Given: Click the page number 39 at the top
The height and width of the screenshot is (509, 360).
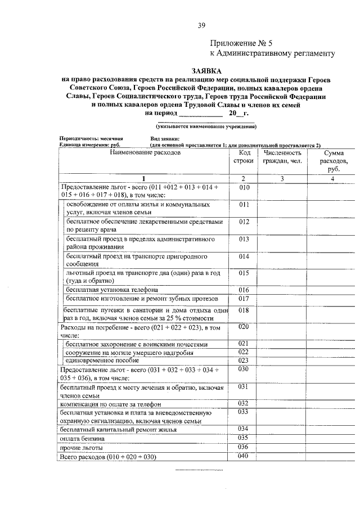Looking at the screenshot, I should click(x=202, y=25).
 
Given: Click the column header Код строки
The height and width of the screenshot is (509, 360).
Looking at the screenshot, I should click(x=244, y=157).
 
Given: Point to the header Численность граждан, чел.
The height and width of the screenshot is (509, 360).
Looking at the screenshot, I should click(x=282, y=157).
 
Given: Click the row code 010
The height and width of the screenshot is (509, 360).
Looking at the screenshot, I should click(x=244, y=187).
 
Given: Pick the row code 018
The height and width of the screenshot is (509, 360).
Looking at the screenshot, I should click(x=244, y=310).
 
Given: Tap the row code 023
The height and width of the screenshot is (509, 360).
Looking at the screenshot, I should click(x=244, y=360).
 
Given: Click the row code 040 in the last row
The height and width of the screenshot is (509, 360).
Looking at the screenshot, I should click(x=244, y=456).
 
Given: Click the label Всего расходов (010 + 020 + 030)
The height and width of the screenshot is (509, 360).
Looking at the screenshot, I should click(x=107, y=457).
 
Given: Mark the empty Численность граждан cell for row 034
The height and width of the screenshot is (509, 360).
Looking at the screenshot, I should click(x=282, y=429).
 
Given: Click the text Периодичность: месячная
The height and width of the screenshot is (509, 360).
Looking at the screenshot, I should click(x=91, y=138).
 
